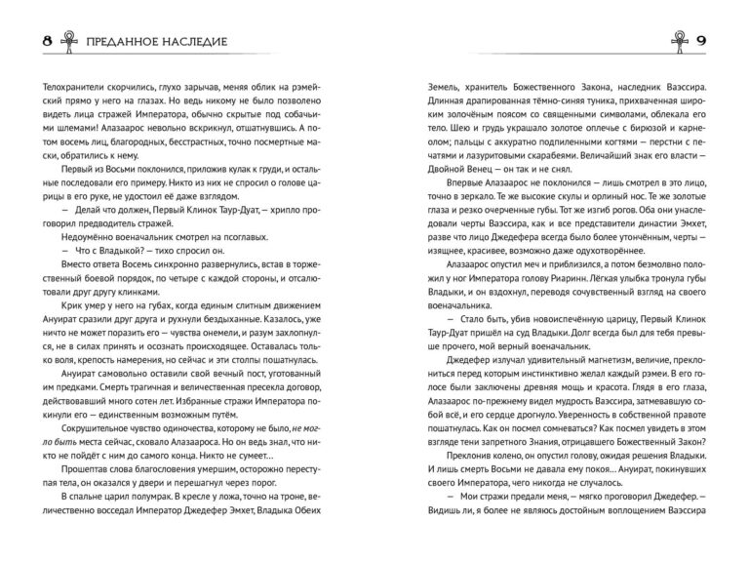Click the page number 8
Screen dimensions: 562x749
click(x=20, y=44)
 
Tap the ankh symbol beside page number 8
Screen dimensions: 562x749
click(x=43, y=44)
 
